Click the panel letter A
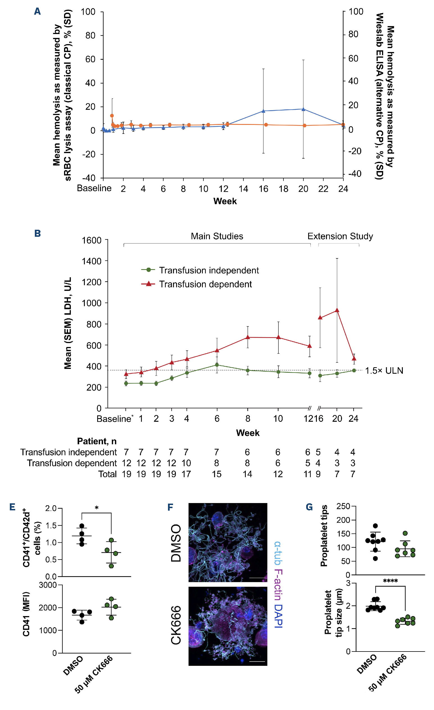pyautogui.click(x=37, y=11)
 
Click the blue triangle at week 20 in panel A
pyautogui.click(x=303, y=109)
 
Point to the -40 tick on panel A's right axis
pyautogui.click(x=355, y=173)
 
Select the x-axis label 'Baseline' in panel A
pyautogui.click(x=94, y=188)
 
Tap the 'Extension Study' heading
pyautogui.click(x=340, y=236)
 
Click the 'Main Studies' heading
pyautogui.click(x=217, y=236)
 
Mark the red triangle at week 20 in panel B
pyautogui.click(x=337, y=310)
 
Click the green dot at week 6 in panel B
pyautogui.click(x=217, y=365)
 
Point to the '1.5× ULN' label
pyautogui.click(x=384, y=371)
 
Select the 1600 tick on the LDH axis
pyautogui.click(x=92, y=240)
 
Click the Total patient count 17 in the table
pyautogui.click(x=186, y=474)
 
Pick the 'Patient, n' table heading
pyautogui.click(x=97, y=441)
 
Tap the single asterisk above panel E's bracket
pyautogui.click(x=97, y=508)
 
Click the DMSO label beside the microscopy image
pyautogui.click(x=176, y=543)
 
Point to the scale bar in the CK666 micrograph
pyautogui.click(x=257, y=662)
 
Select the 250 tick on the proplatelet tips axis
pyautogui.click(x=343, y=506)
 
